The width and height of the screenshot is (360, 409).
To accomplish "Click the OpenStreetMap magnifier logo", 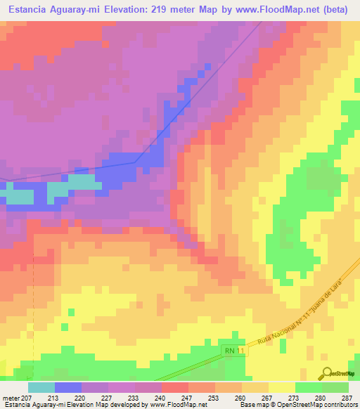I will (x=326, y=373).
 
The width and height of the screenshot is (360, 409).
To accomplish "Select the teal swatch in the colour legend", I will (x=41, y=387).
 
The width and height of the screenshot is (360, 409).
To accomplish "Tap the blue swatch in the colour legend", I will (x=68, y=387).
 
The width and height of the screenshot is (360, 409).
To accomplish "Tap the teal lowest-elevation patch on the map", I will (x=83, y=182).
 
